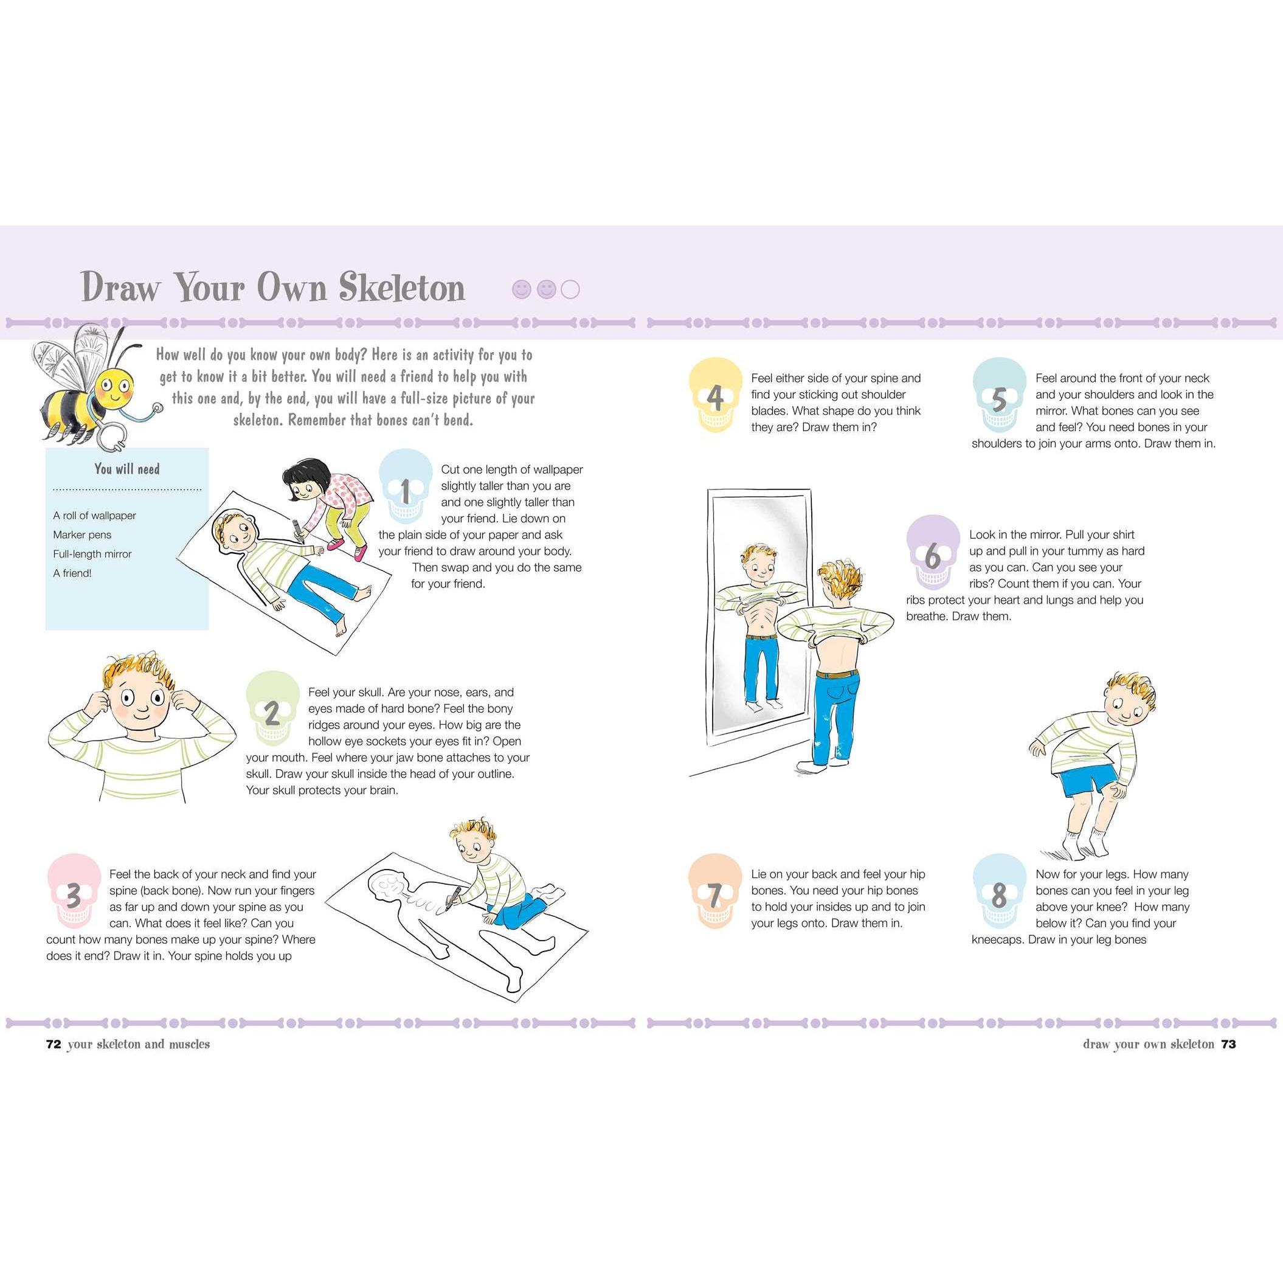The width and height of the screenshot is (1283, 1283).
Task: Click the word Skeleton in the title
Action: pyautogui.click(x=402, y=288)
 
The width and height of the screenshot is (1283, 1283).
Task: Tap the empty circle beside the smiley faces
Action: pyautogui.click(x=570, y=289)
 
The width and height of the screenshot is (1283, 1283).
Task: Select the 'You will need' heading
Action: pyautogui.click(x=127, y=469)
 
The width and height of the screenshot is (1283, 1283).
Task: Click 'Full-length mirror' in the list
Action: pyautogui.click(x=92, y=554)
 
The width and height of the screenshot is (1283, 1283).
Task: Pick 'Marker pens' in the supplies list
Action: pyautogui.click(x=82, y=534)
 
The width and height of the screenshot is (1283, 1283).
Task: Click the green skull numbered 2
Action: pyautogui.click(x=272, y=708)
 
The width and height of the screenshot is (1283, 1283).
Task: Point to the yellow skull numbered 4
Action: pyautogui.click(x=715, y=396)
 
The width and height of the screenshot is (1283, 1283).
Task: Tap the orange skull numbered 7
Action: pyautogui.click(x=715, y=892)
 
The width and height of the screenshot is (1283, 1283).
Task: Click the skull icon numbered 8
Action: pyautogui.click(x=1000, y=892)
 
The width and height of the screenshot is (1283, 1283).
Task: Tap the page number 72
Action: pyautogui.click(x=54, y=1044)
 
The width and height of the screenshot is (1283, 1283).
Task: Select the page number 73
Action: pyautogui.click(x=1228, y=1044)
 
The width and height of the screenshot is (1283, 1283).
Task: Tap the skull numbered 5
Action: pyautogui.click(x=1000, y=396)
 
